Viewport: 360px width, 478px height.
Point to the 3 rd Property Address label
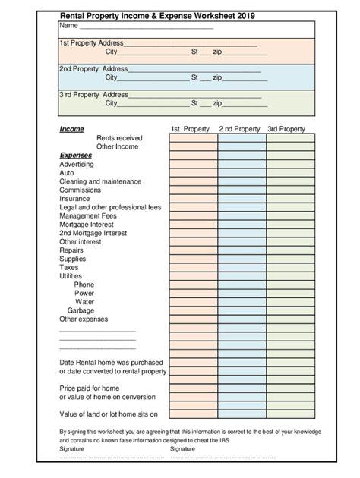click(93, 95)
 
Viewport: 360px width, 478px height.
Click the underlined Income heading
click(71, 129)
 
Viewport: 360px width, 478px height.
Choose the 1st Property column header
click(190, 129)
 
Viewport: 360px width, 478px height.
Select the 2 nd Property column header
click(239, 129)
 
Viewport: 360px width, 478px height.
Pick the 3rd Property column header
click(286, 129)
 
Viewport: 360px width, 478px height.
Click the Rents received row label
click(118, 138)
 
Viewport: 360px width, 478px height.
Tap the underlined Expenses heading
click(75, 155)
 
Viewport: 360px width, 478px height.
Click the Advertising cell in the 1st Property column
click(193, 164)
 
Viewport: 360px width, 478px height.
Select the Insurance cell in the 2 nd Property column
click(242, 198)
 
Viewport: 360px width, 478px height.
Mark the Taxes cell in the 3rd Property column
click(290, 267)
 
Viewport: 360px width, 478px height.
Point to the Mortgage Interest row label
click(87, 224)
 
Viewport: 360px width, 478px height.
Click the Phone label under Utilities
click(84, 285)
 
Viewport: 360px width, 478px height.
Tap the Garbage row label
click(81, 310)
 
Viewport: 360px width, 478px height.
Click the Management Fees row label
click(88, 215)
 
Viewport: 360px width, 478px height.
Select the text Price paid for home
click(90, 388)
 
